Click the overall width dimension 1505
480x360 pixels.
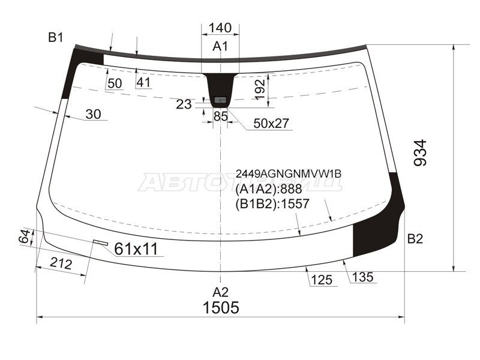tap(221, 308)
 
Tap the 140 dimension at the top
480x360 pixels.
tap(220, 28)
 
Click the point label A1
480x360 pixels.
tap(220, 47)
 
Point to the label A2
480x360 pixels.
tap(220, 292)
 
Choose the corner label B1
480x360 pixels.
tap(56, 38)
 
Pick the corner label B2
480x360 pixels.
tap(415, 239)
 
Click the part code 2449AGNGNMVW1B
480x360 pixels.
tap(288, 174)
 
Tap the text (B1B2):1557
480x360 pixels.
tap(272, 204)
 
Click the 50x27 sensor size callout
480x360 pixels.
tap(271, 124)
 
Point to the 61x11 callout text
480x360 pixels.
tap(136, 248)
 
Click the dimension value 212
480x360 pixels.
tap(61, 264)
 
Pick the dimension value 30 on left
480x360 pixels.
tap(93, 114)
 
